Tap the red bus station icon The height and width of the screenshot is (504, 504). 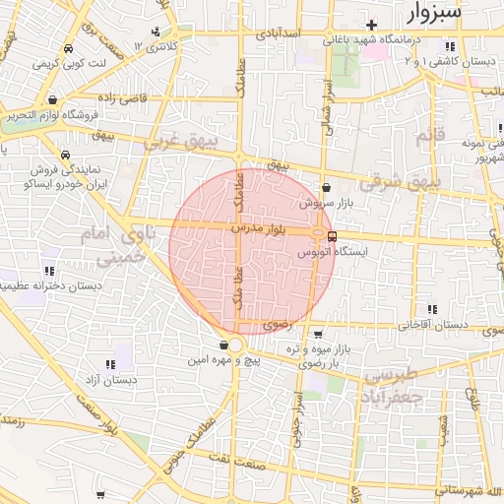332,236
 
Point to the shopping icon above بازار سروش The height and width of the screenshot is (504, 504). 326,187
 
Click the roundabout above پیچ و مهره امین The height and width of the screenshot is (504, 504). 232,345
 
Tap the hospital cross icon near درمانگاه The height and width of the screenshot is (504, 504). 370,24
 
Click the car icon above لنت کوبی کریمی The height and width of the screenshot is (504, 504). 67,48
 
